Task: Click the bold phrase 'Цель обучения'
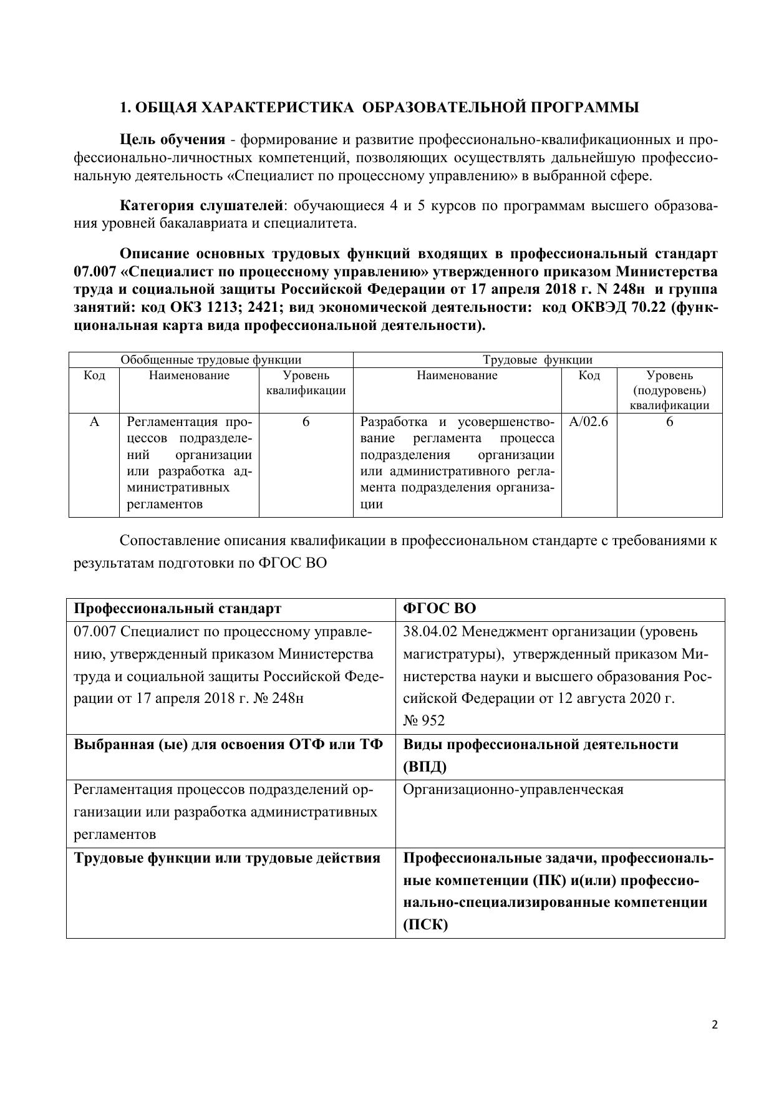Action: [x=172, y=139]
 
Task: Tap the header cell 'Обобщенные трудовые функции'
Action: [x=211, y=360]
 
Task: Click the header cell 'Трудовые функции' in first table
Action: [x=538, y=360]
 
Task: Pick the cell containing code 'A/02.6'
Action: [x=589, y=422]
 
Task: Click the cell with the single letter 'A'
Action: [x=94, y=422]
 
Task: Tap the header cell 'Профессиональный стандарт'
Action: [x=177, y=609]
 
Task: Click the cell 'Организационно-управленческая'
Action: [x=513, y=790]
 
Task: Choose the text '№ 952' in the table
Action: [x=423, y=721]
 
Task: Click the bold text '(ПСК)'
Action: [x=425, y=925]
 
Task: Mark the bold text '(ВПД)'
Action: [x=425, y=767]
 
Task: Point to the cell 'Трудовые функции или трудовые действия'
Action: [x=227, y=858]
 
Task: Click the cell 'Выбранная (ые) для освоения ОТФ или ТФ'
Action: [x=228, y=745]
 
